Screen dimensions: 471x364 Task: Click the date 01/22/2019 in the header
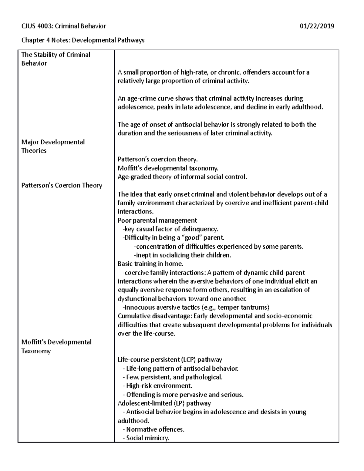pyautogui.click(x=317, y=26)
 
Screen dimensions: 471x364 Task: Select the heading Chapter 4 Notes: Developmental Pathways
pyautogui.click(x=83, y=40)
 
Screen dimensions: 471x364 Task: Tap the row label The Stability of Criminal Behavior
pyautogui.click(x=56, y=59)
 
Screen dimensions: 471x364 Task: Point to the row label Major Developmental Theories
pyautogui.click(x=53, y=146)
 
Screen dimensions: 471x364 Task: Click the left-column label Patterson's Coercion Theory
pyautogui.click(x=62, y=185)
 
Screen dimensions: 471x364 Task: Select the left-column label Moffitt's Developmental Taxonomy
pyautogui.click(x=56, y=346)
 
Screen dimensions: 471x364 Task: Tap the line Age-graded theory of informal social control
pyautogui.click(x=182, y=177)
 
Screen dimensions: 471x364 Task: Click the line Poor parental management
pyautogui.click(x=157, y=220)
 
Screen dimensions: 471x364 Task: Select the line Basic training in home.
pyautogui.click(x=150, y=264)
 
